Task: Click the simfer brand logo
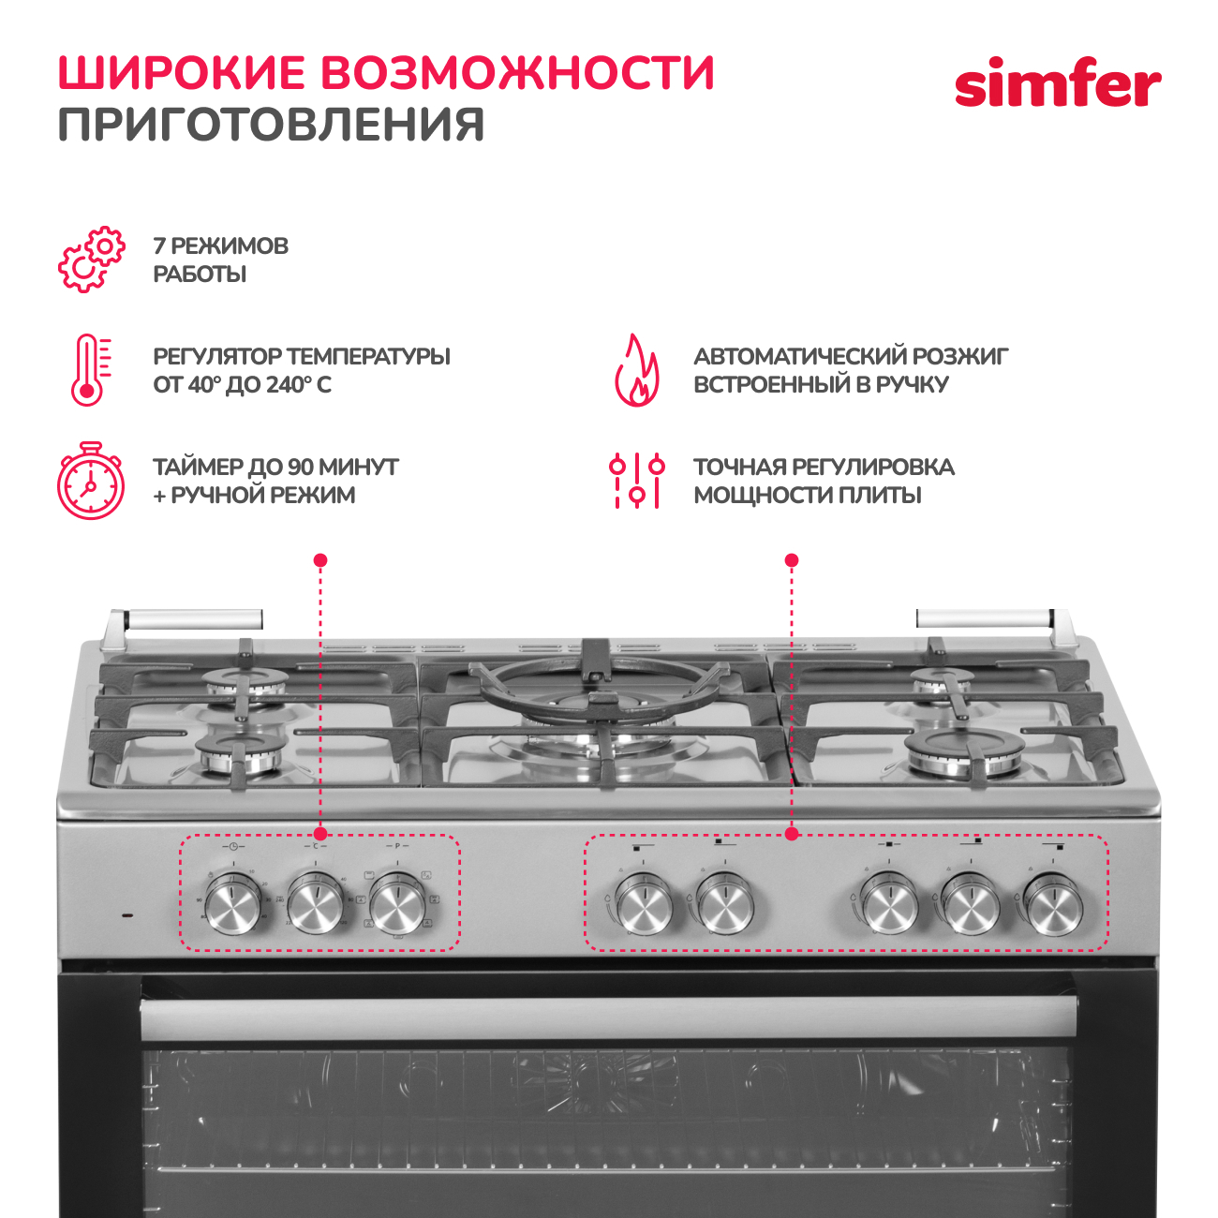[x=1057, y=85]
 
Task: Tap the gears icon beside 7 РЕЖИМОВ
[x=91, y=260]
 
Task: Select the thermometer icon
[x=89, y=370]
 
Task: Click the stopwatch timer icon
[x=90, y=481]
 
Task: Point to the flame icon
[x=636, y=370]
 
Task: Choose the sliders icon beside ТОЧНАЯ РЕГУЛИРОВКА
[x=636, y=481]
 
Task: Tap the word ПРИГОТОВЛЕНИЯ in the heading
[x=272, y=125]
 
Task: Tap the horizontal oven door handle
[x=609, y=1017]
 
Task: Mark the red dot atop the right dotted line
[x=792, y=560]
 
